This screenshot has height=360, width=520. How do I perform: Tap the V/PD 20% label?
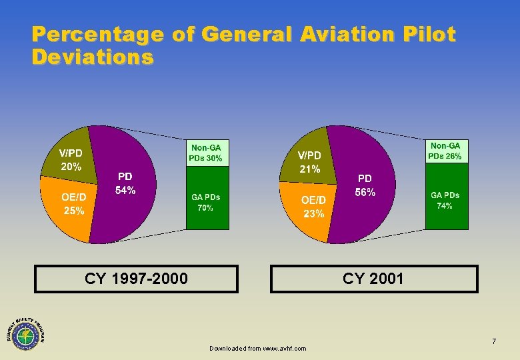point(71,160)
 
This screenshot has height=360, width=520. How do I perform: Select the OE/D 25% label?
point(73,203)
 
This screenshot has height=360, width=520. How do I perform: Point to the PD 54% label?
point(125,183)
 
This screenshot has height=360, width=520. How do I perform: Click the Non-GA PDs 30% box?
point(207,153)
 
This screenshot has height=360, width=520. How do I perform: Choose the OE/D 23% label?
point(313,207)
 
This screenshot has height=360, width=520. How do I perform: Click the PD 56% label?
point(365,185)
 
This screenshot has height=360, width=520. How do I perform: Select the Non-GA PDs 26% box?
point(447,151)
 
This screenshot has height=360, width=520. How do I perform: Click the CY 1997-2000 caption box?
point(136,279)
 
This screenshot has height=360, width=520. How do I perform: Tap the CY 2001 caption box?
point(373,279)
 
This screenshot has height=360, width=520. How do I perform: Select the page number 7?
point(494,342)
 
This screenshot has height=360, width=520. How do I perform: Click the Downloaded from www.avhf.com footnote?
point(257,349)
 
